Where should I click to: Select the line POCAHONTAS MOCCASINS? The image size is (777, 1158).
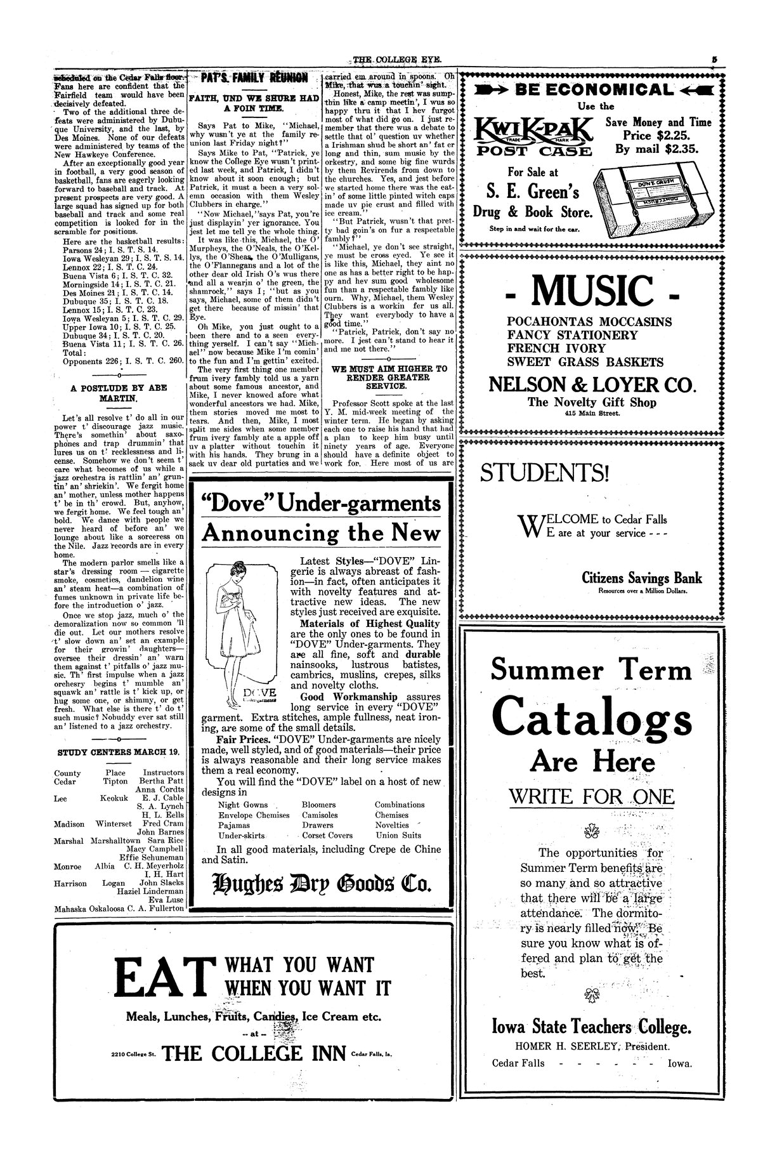[589, 321]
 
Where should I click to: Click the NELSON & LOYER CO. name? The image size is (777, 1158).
[592, 385]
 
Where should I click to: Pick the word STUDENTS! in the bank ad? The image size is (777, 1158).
[544, 473]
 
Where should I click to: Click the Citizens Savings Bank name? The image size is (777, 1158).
[642, 577]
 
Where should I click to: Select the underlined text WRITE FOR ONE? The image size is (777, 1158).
[592, 797]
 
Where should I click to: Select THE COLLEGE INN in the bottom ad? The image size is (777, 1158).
[255, 1054]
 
